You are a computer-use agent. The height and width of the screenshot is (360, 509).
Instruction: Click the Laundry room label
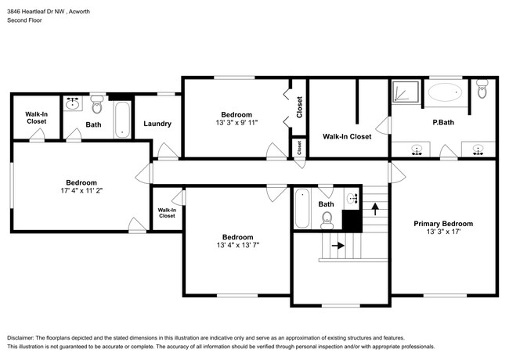pyautogui.click(x=157, y=124)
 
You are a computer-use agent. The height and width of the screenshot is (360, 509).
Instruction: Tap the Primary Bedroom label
pyautogui.click(x=443, y=224)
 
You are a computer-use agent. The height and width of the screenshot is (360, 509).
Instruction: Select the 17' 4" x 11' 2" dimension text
pyautogui.click(x=81, y=190)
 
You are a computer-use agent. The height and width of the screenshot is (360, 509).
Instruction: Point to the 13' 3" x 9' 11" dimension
pyautogui.click(x=236, y=123)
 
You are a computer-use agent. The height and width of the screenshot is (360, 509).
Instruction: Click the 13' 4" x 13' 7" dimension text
pyautogui.click(x=238, y=245)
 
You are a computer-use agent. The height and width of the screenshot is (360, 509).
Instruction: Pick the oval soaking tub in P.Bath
pyautogui.click(x=445, y=92)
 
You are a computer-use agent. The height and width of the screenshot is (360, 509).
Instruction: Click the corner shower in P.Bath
pyautogui.click(x=406, y=92)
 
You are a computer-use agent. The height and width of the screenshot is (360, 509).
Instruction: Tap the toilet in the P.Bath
pyautogui.click(x=482, y=88)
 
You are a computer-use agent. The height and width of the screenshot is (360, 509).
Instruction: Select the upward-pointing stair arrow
pyautogui.click(x=375, y=209)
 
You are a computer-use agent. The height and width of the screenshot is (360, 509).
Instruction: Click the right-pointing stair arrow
pyautogui.click(x=338, y=245)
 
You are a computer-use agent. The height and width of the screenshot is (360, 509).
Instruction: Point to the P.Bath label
pyautogui.click(x=443, y=122)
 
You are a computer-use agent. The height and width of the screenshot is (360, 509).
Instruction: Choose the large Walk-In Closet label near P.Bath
pyautogui.click(x=347, y=136)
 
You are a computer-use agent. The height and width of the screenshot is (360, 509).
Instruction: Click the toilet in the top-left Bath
pyautogui.click(x=96, y=104)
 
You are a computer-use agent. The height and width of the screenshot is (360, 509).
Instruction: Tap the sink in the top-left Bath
pyautogui.click(x=72, y=103)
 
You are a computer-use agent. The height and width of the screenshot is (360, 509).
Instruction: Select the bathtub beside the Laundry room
pyautogui.click(x=122, y=120)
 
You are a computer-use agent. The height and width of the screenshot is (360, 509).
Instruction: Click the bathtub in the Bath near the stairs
pyautogui.click(x=302, y=208)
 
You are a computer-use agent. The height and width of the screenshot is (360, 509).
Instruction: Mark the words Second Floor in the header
pyautogui.click(x=25, y=20)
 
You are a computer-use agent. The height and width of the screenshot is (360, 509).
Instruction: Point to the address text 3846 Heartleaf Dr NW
pyautogui.click(x=36, y=12)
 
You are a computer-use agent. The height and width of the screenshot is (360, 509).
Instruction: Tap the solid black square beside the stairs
pyautogui.click(x=352, y=221)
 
